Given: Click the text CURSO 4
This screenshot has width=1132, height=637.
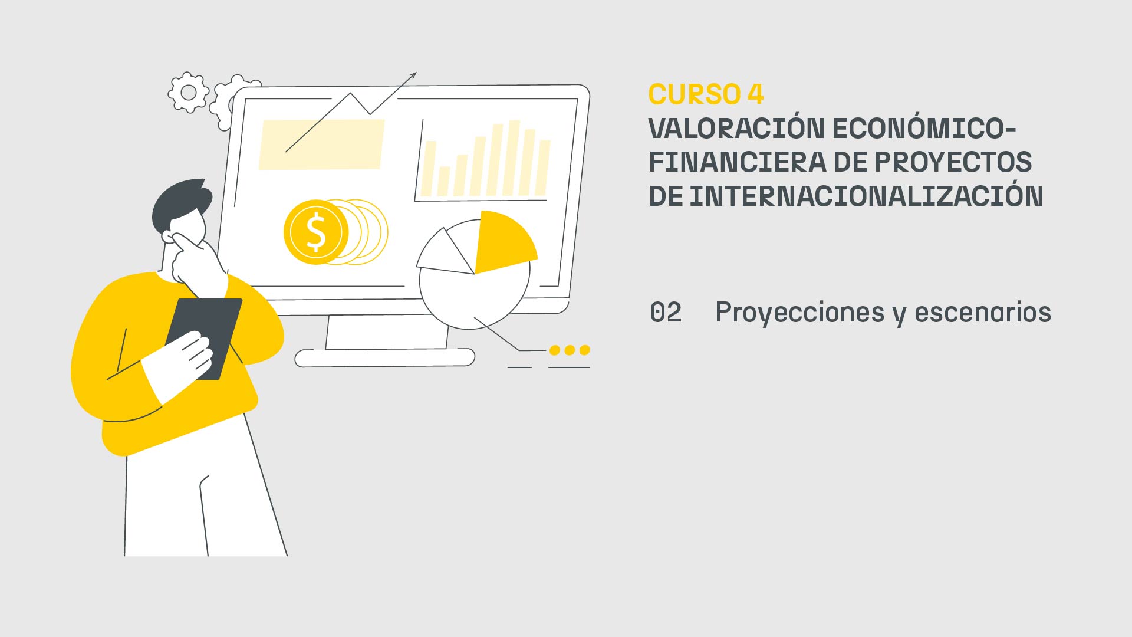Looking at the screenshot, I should (x=706, y=94).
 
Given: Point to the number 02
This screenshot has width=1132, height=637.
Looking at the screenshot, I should (x=666, y=312).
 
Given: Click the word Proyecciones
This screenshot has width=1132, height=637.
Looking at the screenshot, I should (x=799, y=313).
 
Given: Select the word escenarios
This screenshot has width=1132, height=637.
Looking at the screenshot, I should (x=983, y=312).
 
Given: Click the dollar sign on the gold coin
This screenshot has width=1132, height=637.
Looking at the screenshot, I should (x=316, y=232).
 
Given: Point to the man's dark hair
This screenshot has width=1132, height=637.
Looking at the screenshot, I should (x=180, y=201).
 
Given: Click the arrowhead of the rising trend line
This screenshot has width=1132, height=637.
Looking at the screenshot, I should (x=413, y=75).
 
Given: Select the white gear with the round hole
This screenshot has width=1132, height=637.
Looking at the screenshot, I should (x=189, y=93).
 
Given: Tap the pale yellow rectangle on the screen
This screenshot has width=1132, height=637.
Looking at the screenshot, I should (x=321, y=145).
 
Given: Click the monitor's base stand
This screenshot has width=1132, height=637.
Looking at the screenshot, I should (x=384, y=357).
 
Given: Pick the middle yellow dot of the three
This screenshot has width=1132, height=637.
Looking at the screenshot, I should (x=570, y=350).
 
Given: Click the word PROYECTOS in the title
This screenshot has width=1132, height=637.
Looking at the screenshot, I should (x=953, y=162).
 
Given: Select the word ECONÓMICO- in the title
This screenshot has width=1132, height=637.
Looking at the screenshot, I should (x=924, y=129).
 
